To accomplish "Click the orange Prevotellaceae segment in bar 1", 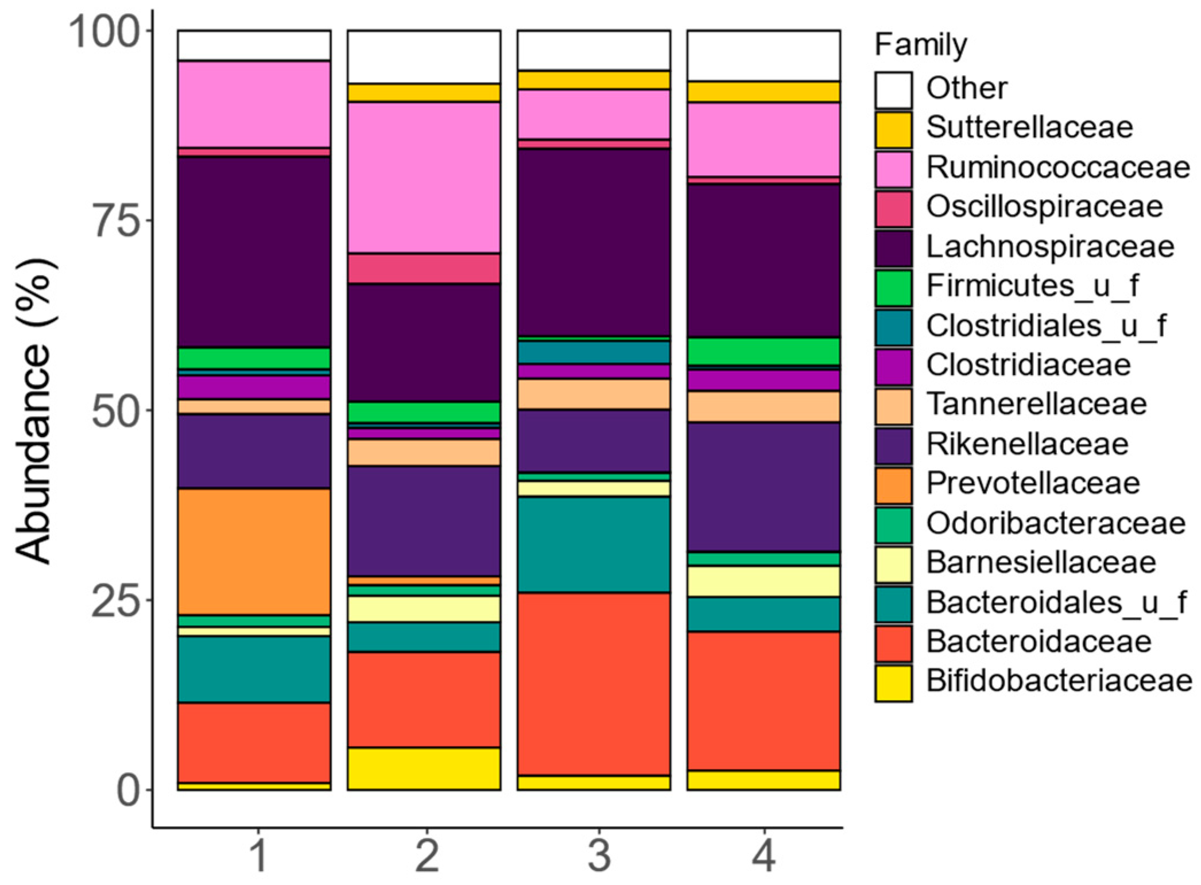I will [x=254, y=551].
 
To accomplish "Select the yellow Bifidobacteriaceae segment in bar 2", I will [x=424, y=768].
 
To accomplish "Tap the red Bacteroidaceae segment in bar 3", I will [x=594, y=684].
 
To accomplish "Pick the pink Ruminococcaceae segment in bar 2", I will [x=424, y=177].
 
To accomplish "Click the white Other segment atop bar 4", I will [x=764, y=55].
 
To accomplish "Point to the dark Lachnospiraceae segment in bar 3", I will [x=594, y=242].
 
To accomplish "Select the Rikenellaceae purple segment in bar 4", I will [x=764, y=487].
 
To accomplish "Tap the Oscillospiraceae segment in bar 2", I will [x=424, y=268].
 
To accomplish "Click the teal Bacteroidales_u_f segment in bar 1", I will [x=254, y=669].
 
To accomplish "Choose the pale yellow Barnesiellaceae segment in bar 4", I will [x=764, y=581].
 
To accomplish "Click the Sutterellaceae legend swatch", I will [x=893, y=130].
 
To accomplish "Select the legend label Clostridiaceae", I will [x=1028, y=366].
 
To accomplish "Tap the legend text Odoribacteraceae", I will [x=1055, y=523].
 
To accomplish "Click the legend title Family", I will [x=920, y=45].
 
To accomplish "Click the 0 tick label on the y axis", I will [x=128, y=791].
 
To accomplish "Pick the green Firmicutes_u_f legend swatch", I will [x=893, y=288].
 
